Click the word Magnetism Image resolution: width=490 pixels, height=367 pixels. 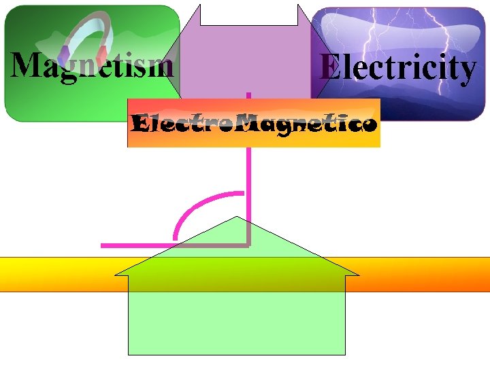pos(92,66)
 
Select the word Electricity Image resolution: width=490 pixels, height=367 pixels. pos(398,68)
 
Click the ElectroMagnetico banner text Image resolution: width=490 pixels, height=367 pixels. pos(254,124)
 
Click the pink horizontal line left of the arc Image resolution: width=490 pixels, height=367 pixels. pos(136,245)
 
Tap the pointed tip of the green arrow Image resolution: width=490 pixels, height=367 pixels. pos(237,217)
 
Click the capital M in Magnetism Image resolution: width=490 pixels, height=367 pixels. pos(26,65)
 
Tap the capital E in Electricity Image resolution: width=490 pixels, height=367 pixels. pos(329,67)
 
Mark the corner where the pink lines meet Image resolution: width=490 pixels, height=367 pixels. pos(249,244)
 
